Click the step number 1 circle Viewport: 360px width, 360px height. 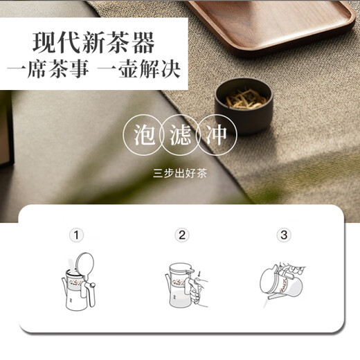point(75,235)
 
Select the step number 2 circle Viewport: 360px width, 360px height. point(182,235)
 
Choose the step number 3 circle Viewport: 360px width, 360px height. point(284,235)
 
